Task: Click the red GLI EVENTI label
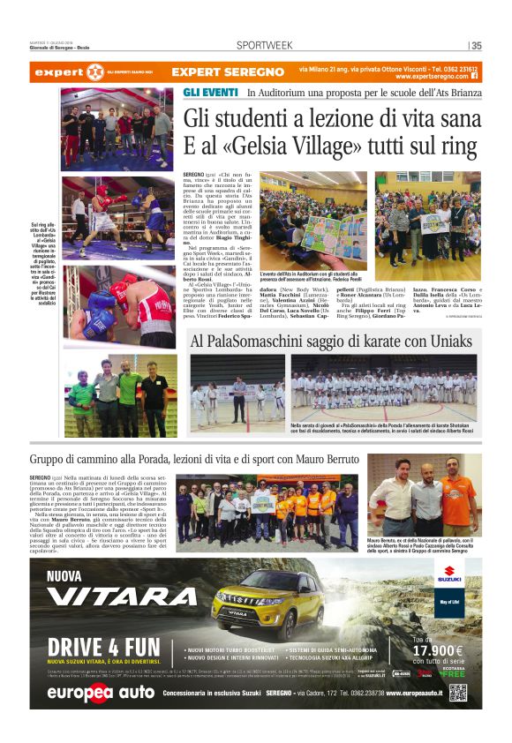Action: point(209,92)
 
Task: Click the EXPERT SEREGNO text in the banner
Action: point(215,71)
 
